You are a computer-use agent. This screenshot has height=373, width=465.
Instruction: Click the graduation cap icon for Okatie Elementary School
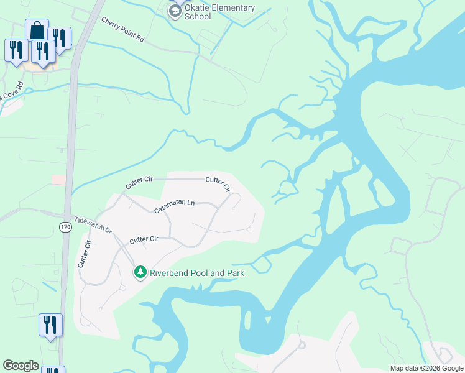pos(175,11)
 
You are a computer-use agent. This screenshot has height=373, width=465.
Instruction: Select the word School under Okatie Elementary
pos(198,17)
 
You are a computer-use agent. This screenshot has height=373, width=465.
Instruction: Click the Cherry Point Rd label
pos(123,29)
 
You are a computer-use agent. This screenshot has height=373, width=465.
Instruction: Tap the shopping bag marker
pos(37,30)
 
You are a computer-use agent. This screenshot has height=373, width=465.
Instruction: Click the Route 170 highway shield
pos(66,228)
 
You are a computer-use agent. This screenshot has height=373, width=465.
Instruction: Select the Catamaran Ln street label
pos(175,207)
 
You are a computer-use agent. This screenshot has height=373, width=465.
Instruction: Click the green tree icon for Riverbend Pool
pos(141,272)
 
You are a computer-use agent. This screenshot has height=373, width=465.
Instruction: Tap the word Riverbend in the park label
pos(171,273)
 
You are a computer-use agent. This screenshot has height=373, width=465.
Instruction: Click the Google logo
pos(21,365)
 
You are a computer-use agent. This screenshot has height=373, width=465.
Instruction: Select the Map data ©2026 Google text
pos(426,368)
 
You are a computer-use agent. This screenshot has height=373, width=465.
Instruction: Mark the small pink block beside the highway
pos(58,180)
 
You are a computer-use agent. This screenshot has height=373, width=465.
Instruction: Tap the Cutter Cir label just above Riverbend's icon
pos(144,239)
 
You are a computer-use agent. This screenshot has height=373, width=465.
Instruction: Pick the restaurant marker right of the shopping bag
pos(59,38)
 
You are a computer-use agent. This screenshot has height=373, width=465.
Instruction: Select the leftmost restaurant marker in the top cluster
pos(16,50)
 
